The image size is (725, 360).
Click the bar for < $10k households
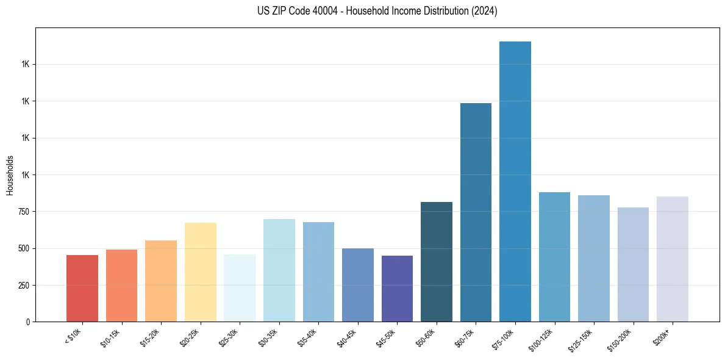point(82,288)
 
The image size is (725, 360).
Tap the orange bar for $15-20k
point(161,281)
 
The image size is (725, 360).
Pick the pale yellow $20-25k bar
point(200,272)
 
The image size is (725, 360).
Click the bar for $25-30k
point(240,288)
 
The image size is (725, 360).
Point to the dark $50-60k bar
point(437,262)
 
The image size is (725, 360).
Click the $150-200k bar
point(633,264)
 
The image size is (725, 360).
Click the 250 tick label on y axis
point(23,286)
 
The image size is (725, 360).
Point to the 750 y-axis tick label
point(23,212)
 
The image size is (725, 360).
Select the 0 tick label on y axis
point(27,322)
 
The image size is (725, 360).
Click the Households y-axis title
point(10,175)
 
